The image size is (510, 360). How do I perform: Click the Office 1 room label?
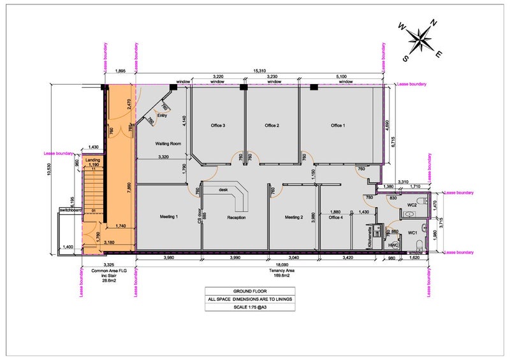pos(338,126)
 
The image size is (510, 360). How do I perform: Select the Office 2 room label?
pos(272,126)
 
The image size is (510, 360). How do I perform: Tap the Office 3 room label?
pos(218,126)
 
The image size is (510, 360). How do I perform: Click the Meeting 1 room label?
pos(168,217)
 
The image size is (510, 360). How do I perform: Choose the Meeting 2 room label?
pos(294,217)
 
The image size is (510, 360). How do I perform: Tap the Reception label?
pos(237,218)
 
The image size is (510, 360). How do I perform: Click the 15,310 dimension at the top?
pos(259,71)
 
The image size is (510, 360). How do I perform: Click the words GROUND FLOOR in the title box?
pos(250,290)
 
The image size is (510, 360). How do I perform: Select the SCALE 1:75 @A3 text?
pos(250,307)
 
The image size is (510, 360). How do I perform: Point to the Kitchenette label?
pos(370,237)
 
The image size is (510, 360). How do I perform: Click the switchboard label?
pos(69,209)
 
